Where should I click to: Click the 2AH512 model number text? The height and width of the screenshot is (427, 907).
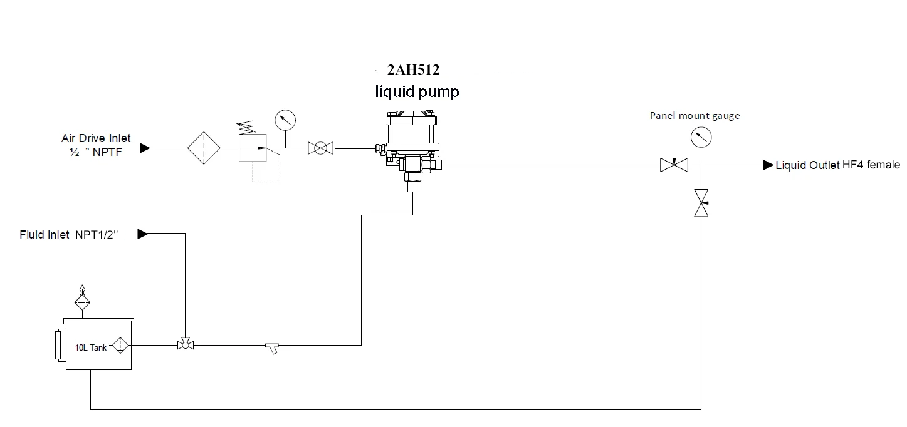414,69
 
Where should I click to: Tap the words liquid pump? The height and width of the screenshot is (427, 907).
417,91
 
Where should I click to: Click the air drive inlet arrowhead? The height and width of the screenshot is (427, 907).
145,148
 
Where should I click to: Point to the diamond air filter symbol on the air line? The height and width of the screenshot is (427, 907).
204,148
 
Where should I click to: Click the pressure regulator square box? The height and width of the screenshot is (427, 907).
253,148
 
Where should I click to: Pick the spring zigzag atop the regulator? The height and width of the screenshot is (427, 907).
246,127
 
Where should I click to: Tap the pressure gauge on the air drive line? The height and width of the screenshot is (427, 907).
285,120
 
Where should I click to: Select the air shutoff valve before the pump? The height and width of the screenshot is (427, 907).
320,148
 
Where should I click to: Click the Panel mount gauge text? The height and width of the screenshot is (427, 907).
695,116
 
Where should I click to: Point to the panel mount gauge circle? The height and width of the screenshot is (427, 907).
701,137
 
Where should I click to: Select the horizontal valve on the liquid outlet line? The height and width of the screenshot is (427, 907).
674,165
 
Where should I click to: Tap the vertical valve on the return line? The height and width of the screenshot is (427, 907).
701,203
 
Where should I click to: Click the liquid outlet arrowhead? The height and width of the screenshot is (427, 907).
768,165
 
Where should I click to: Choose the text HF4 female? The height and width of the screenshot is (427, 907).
871,165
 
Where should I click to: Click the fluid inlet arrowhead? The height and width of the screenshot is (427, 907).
142,234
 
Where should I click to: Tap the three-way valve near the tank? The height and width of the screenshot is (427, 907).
186,344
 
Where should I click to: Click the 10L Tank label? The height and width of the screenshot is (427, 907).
91,347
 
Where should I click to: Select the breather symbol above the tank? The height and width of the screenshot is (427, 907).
82,298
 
